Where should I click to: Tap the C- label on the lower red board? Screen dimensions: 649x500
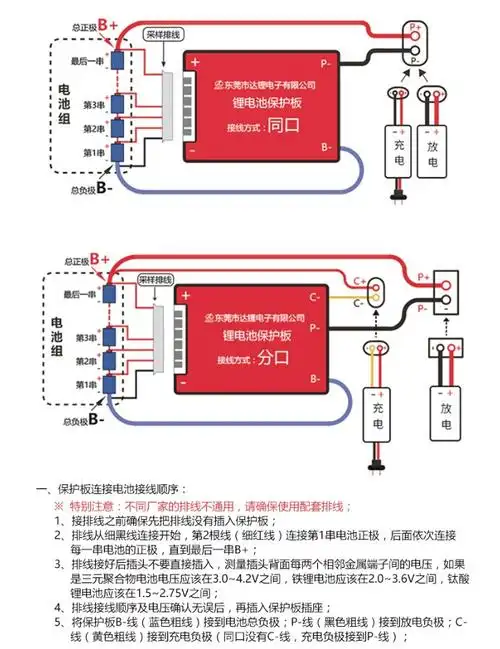(314, 297)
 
